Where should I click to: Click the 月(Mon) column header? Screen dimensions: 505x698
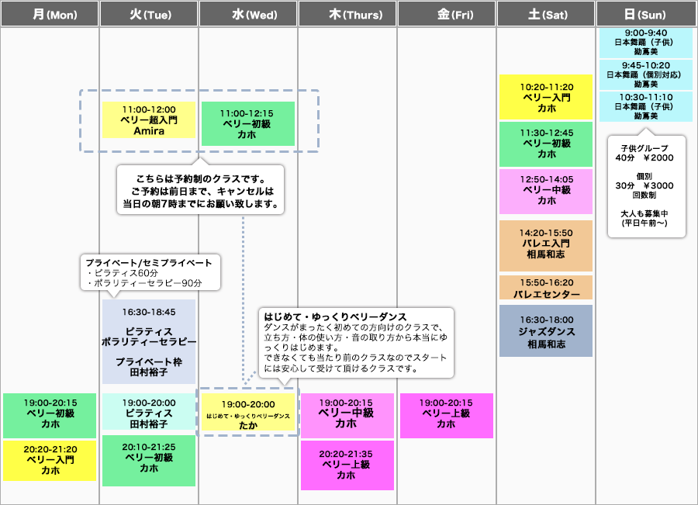pos(50,14)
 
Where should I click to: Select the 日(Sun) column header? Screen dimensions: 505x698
pos(646,14)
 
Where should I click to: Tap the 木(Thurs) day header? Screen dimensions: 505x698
pos(347,14)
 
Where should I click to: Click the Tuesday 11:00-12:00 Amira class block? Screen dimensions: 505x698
pos(149,120)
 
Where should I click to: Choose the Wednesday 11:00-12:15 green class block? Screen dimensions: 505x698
pos(247,123)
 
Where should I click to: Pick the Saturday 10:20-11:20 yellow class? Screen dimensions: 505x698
pos(546,98)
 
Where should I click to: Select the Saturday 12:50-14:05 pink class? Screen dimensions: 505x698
pos(546,190)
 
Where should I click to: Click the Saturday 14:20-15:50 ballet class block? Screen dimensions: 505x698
pos(546,243)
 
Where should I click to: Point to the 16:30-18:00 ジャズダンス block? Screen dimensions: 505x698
pos(546,331)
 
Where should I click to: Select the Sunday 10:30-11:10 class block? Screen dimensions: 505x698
pos(646,105)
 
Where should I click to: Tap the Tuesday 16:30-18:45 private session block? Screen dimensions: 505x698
pos(149,341)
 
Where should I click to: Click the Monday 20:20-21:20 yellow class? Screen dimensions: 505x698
pos(50,459)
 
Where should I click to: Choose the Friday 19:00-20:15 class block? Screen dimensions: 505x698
pos(446,414)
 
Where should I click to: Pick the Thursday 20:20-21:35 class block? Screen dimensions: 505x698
pos(347,465)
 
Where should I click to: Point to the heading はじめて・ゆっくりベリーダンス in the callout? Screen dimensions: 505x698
pos(335,316)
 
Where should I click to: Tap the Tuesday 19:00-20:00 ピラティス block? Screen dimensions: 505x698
pos(149,413)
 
